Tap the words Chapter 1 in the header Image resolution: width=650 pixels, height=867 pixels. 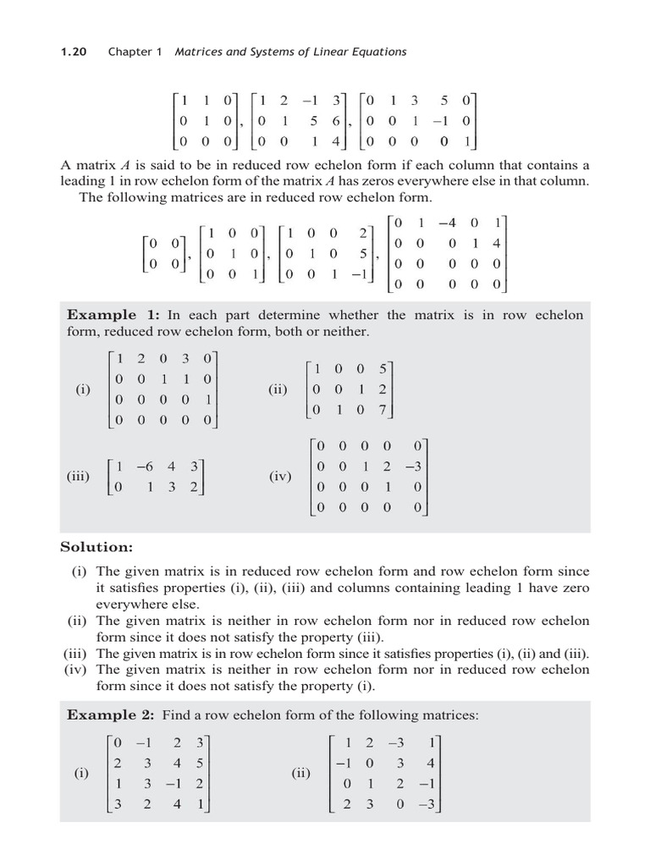pyautogui.click(x=135, y=52)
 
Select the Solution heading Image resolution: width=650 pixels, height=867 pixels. pyautogui.click(x=96, y=547)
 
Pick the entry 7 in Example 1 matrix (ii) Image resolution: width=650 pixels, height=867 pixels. pyautogui.click(x=383, y=410)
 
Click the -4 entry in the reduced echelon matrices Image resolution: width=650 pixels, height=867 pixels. pyautogui.click(x=447, y=223)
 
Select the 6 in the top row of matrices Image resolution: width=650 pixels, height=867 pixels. pyautogui.click(x=336, y=121)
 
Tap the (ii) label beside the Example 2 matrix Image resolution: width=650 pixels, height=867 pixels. pyautogui.click(x=301, y=773)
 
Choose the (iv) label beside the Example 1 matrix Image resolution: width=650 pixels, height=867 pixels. pyautogui.click(x=280, y=477)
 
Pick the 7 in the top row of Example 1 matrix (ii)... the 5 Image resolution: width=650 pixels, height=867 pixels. pyautogui.click(x=383, y=369)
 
